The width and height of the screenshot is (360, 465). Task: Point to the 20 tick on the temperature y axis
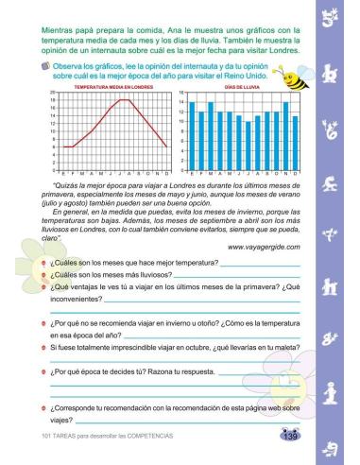[x=54, y=92]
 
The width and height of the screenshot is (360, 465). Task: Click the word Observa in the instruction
[x=67, y=68]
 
